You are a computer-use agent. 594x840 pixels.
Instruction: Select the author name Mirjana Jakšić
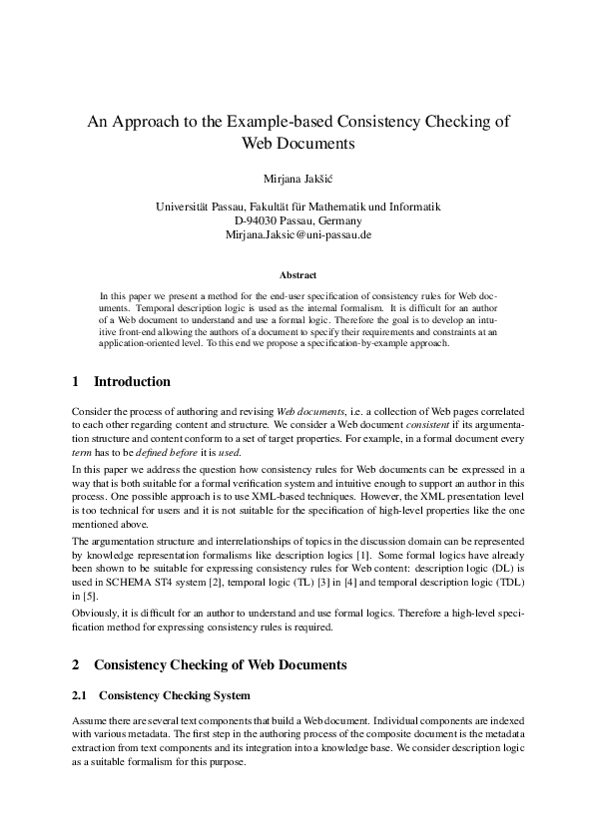pyautogui.click(x=297, y=179)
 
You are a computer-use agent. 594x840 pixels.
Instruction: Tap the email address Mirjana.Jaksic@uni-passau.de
pyautogui.click(x=297, y=234)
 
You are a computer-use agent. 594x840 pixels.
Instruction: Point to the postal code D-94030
pyautogui.click(x=255, y=220)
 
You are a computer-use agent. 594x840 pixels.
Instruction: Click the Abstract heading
pyautogui.click(x=297, y=274)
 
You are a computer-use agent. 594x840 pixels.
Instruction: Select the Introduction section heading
pyautogui.click(x=132, y=382)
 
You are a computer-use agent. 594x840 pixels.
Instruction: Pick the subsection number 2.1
pyautogui.click(x=82, y=694)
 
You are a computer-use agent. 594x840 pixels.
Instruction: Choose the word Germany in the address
pyautogui.click(x=337, y=220)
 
